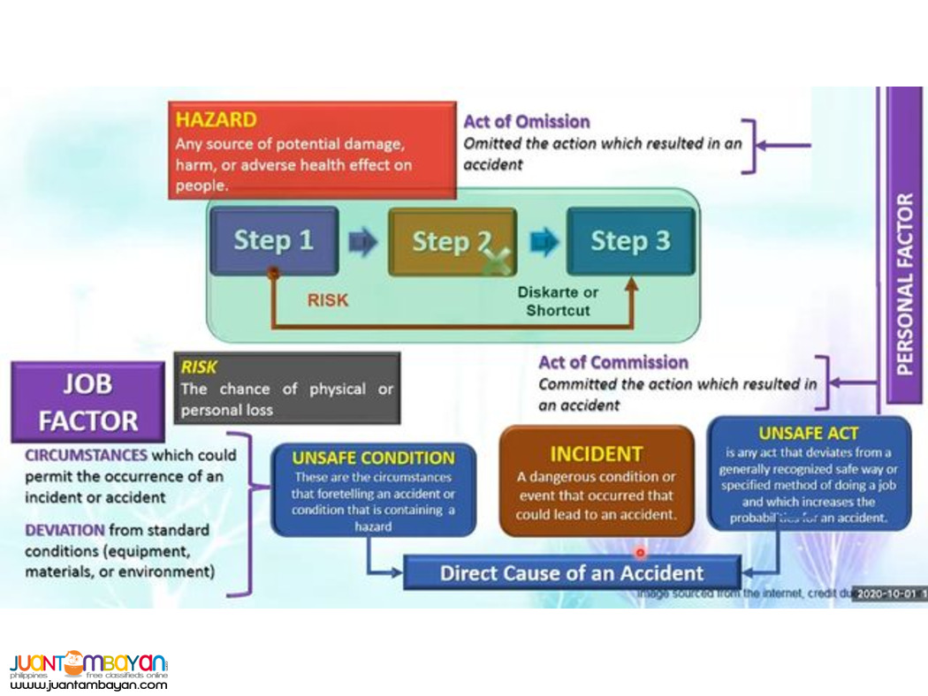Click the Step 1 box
(274, 241)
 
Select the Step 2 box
(452, 242)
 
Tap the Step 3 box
(630, 241)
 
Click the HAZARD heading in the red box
(217, 119)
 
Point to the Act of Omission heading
(527, 122)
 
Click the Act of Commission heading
(613, 362)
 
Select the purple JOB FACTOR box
(87, 402)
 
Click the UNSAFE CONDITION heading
(373, 458)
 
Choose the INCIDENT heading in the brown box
(596, 454)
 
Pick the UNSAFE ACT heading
(809, 433)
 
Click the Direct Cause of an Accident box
(572, 572)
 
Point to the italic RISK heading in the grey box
(199, 367)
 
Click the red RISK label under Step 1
(327, 300)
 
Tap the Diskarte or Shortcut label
(558, 301)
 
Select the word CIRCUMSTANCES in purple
(86, 455)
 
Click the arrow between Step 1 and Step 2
(362, 242)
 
